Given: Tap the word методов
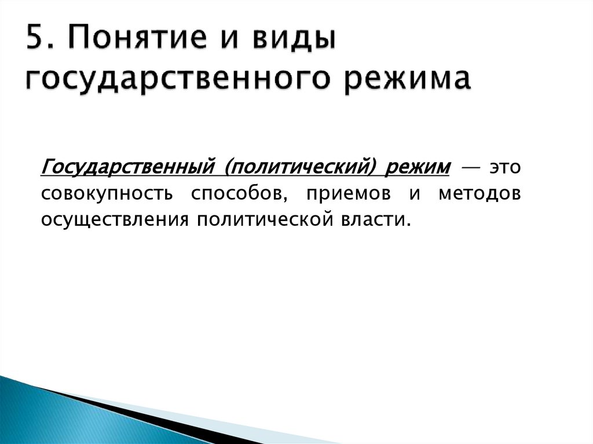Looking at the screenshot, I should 479,194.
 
